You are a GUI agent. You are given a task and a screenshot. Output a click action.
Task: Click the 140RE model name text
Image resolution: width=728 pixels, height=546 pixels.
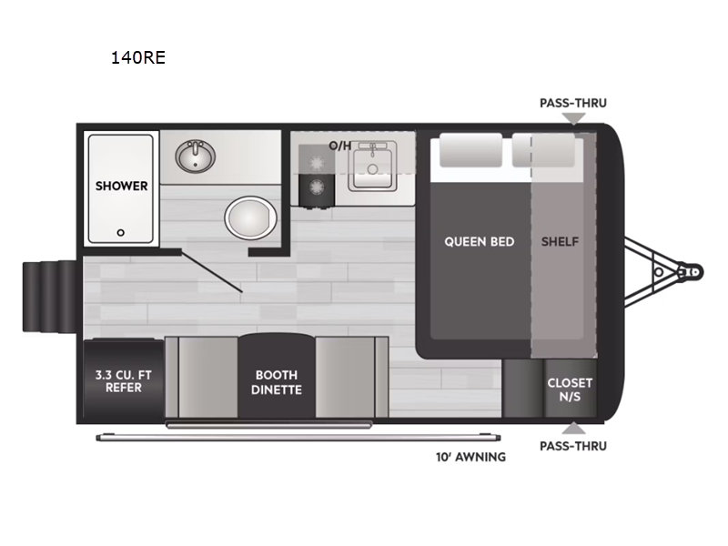pos(136,59)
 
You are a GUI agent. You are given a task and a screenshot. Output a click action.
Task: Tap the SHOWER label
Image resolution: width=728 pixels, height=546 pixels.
pos(122,186)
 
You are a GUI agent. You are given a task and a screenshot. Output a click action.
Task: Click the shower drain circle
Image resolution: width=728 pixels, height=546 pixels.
pos(121,232)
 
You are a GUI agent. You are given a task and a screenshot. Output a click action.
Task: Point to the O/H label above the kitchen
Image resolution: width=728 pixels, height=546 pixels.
pos(339,145)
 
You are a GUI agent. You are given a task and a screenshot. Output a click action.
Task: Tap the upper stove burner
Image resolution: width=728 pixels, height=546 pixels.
pos(317,160)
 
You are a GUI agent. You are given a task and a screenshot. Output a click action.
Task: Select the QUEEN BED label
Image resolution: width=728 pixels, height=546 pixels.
pos(479,241)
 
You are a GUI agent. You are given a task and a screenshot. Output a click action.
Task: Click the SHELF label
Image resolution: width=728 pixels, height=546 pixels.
pos(560,241)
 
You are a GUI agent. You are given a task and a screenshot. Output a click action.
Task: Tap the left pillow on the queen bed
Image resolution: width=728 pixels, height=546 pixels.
pos(470,151)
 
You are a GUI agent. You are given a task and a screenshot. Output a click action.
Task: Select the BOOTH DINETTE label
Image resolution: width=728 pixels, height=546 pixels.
pos(277,382)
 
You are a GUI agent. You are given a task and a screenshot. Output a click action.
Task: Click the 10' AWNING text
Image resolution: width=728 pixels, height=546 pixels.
pos(470,457)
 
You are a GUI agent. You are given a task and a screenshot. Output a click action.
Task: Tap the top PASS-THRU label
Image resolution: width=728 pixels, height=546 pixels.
pos(573,103)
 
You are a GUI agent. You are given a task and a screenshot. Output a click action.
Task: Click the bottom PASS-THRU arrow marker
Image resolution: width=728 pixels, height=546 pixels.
pos(573,428)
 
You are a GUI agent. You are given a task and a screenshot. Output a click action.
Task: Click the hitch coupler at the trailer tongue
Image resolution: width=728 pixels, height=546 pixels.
pos(691,271)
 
